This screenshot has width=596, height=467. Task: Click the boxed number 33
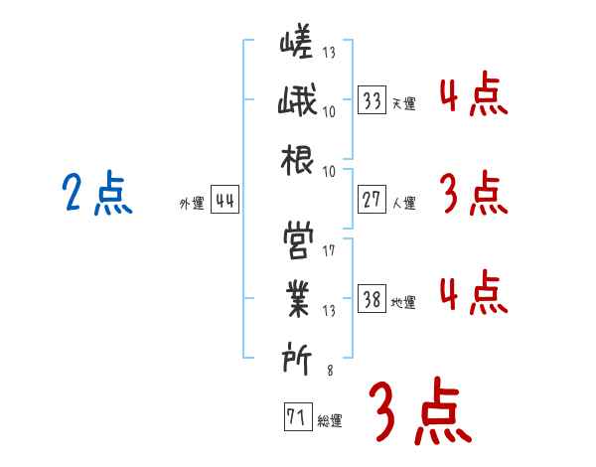click(372, 100)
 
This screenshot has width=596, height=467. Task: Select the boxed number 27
click(372, 200)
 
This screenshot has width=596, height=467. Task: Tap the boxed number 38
click(372, 299)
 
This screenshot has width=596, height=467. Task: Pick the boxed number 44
click(224, 200)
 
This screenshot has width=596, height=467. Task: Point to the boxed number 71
click(296, 417)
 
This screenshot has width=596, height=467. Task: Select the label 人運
click(403, 203)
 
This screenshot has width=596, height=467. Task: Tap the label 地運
click(403, 302)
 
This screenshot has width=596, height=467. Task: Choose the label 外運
click(191, 203)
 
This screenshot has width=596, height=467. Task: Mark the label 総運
click(330, 420)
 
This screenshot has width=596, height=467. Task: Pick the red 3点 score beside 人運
click(473, 195)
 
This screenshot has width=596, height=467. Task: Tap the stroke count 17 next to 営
click(329, 249)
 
